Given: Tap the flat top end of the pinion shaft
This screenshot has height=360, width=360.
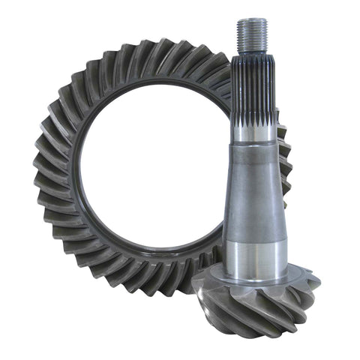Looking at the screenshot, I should [250, 20].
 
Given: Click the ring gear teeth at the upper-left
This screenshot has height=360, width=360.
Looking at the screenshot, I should [75, 90].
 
